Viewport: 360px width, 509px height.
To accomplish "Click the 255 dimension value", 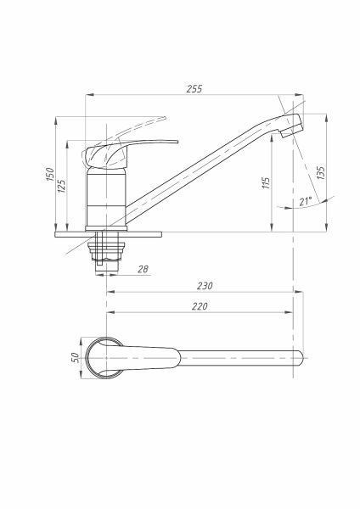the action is point(194,88).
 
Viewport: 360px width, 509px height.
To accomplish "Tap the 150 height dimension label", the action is point(50,174).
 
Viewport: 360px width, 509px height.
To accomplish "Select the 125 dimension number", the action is point(61,186).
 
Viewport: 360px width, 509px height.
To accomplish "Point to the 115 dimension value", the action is point(266,183).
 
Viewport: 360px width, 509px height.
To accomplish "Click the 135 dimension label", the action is point(320,173).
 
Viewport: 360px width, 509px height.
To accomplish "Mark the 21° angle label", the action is point(306,201).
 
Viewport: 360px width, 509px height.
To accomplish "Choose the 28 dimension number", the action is point(143,269).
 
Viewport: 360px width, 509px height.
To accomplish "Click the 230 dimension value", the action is point(205,286).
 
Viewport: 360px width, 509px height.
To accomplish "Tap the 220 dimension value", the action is point(200,306).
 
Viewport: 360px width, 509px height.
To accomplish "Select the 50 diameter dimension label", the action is point(75,357).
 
